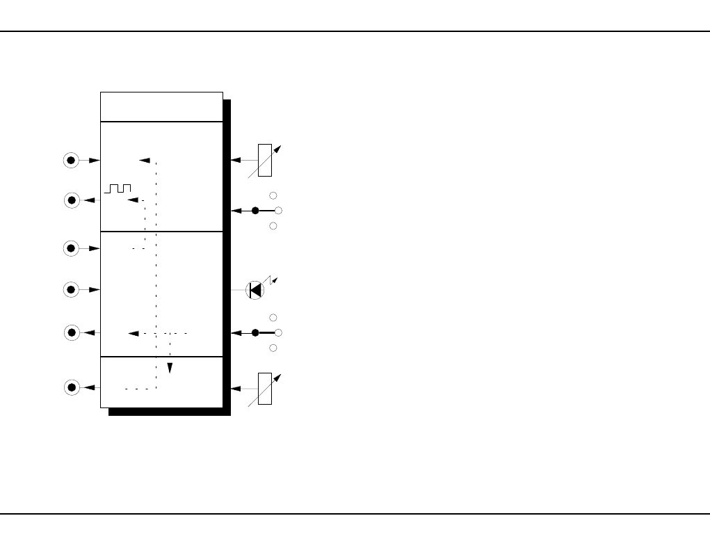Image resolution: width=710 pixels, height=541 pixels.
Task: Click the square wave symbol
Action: click(118, 188)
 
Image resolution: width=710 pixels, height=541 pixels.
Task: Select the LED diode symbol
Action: click(255, 290)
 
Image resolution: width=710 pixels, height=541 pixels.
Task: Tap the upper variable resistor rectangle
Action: click(264, 159)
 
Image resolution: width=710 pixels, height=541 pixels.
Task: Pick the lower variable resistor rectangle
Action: click(264, 388)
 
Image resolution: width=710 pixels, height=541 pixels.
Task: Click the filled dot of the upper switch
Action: click(255, 210)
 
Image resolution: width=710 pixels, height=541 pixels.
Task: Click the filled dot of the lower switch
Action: click(255, 332)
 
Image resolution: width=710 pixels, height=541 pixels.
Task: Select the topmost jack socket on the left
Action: click(71, 160)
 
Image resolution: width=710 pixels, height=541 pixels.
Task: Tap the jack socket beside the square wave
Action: click(71, 200)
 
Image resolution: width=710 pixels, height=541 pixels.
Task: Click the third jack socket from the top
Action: click(71, 248)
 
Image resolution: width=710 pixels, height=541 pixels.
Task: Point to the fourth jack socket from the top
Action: click(71, 289)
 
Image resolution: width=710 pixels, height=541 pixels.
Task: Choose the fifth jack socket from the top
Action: click(71, 333)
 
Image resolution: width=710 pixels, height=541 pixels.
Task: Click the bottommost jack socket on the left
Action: click(71, 387)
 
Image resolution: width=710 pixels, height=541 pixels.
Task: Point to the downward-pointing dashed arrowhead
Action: click(169, 367)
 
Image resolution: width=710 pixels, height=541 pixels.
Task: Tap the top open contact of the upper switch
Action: click(273, 195)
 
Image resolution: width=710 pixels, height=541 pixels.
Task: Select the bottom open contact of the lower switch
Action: click(273, 348)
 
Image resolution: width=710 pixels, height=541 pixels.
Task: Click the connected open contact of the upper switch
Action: click(278, 210)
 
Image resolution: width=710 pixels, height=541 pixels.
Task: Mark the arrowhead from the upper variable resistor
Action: click(236, 160)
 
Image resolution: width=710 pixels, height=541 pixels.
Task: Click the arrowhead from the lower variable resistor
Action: click(236, 388)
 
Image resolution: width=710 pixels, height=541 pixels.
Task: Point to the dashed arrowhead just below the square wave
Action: click(133, 200)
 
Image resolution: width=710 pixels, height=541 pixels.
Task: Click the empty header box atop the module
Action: click(161, 106)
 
